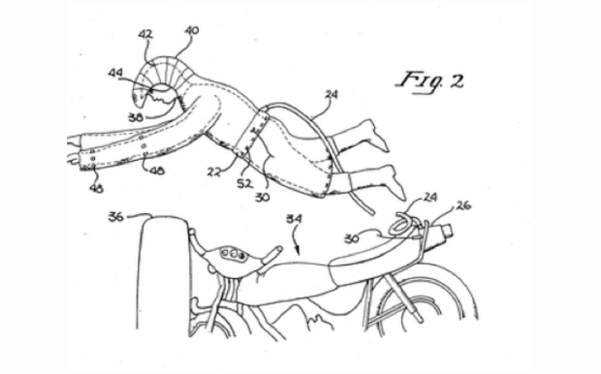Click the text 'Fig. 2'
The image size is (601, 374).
pyautogui.click(x=430, y=81)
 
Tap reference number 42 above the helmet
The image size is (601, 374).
pyautogui.click(x=145, y=35)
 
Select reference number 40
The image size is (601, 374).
pyautogui.click(x=192, y=31)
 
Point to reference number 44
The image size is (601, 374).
pyautogui.click(x=115, y=73)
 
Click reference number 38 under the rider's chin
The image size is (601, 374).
pyautogui.click(x=136, y=117)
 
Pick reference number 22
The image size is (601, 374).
pyautogui.click(x=214, y=172)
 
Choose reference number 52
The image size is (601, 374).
pyautogui.click(x=244, y=184)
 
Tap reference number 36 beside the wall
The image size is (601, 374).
pyautogui.click(x=116, y=217)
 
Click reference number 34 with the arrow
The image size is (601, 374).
pyautogui.click(x=294, y=219)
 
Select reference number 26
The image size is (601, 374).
pyautogui.click(x=463, y=206)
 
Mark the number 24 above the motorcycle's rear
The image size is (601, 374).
pyautogui.click(x=430, y=197)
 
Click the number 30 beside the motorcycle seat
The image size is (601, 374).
pyautogui.click(x=352, y=239)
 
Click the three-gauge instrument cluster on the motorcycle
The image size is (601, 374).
pyautogui.click(x=233, y=253)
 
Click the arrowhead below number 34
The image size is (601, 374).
pyautogui.click(x=298, y=251)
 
